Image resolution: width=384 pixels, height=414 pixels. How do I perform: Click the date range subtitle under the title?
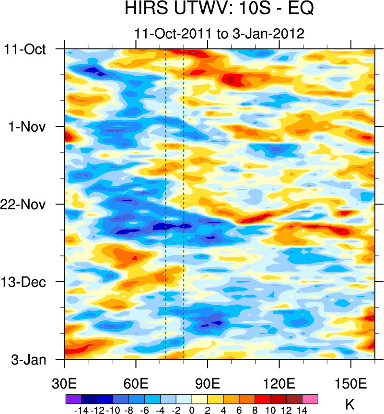coord(220,34)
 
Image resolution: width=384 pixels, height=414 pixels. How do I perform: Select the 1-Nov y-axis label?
coord(27,127)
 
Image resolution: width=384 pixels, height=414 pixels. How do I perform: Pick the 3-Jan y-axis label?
coord(29,359)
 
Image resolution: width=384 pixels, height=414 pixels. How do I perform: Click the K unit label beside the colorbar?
coord(350,404)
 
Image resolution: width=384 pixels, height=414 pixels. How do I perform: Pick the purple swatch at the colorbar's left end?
coord(73,399)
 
